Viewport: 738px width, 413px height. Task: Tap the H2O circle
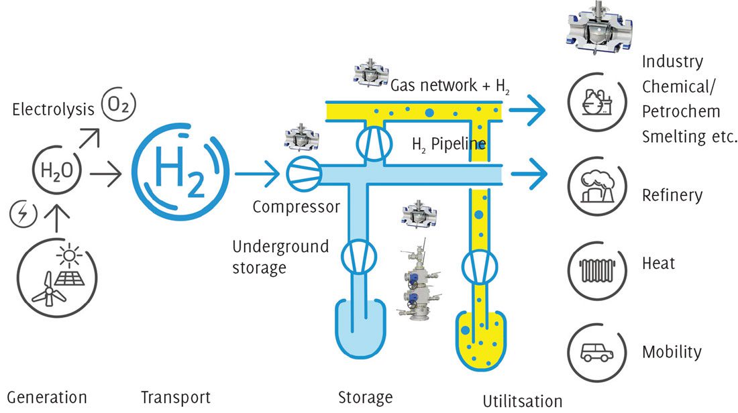60,172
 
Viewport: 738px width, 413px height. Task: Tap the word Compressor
296,207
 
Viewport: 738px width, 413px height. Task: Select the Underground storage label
280,257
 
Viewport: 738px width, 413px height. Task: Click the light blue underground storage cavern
360,325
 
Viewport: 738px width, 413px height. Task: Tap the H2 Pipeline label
448,144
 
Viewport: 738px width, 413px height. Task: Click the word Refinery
672,196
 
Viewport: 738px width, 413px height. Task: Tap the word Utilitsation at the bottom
522,402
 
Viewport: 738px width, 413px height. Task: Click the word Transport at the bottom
176,398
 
